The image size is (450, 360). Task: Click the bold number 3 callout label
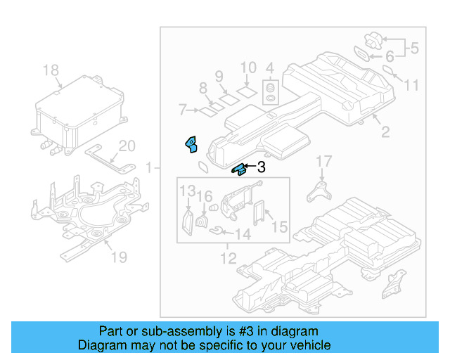(261, 167)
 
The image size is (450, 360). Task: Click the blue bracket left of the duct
(191, 144)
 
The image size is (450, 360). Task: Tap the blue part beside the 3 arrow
(238, 168)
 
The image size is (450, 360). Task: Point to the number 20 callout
(127, 146)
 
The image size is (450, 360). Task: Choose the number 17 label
(323, 162)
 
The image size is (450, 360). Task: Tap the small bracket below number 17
(320, 190)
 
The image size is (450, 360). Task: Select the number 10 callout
(248, 68)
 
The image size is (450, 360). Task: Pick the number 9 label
(219, 75)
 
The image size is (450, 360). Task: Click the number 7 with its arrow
(182, 110)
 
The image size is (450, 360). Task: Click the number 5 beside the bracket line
(414, 49)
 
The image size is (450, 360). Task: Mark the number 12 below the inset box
(228, 258)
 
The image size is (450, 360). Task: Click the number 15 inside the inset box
(279, 226)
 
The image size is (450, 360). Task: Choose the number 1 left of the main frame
(148, 167)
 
